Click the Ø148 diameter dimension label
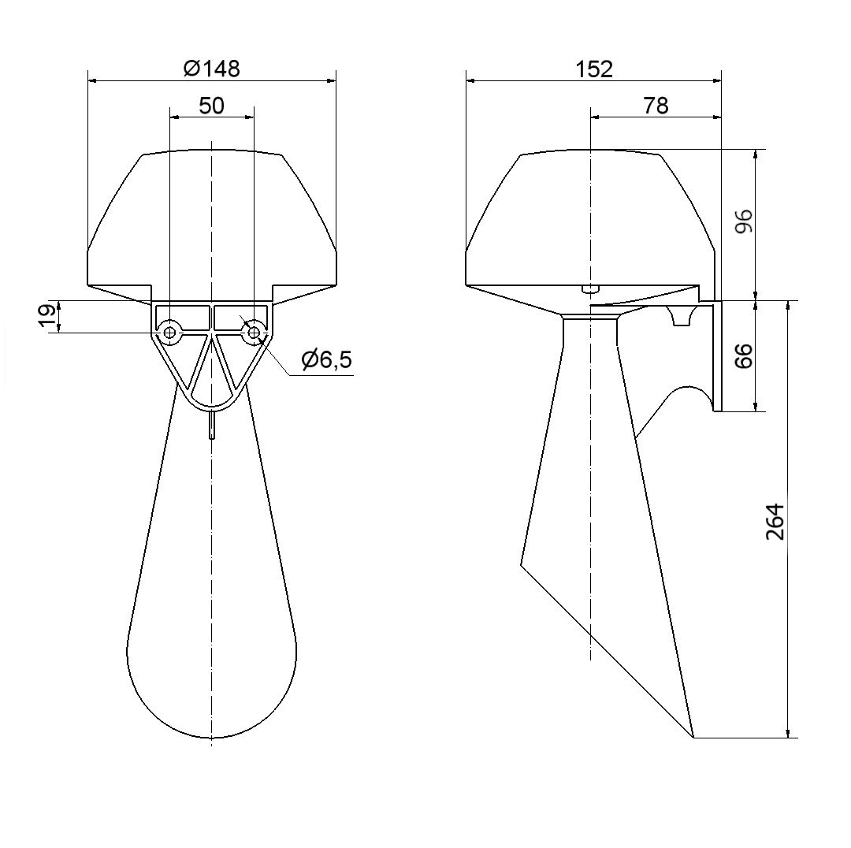coord(212,69)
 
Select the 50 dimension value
coord(212,106)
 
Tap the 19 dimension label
coord(48,317)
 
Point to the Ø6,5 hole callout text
coord(327,359)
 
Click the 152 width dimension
coord(594,69)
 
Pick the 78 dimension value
coord(656,106)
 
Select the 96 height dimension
coord(745,221)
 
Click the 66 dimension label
coord(745,355)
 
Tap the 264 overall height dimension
coord(775,522)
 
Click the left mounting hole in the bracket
coord(170,332)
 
